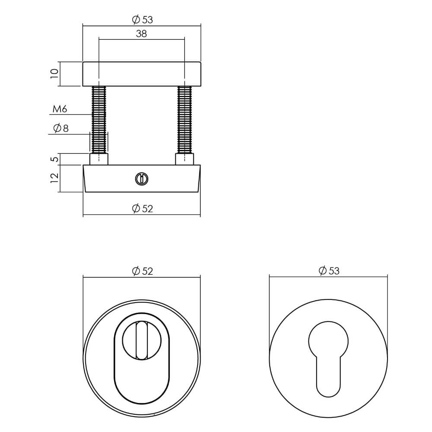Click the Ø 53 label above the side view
142,19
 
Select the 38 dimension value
141,34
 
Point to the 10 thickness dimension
54,73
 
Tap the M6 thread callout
60,110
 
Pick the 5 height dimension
54,159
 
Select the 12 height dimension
54,178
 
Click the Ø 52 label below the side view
142,209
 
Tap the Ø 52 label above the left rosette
142,271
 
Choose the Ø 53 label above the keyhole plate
329,271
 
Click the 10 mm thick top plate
142,74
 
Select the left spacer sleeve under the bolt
99,159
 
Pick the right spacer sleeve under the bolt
185,159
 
